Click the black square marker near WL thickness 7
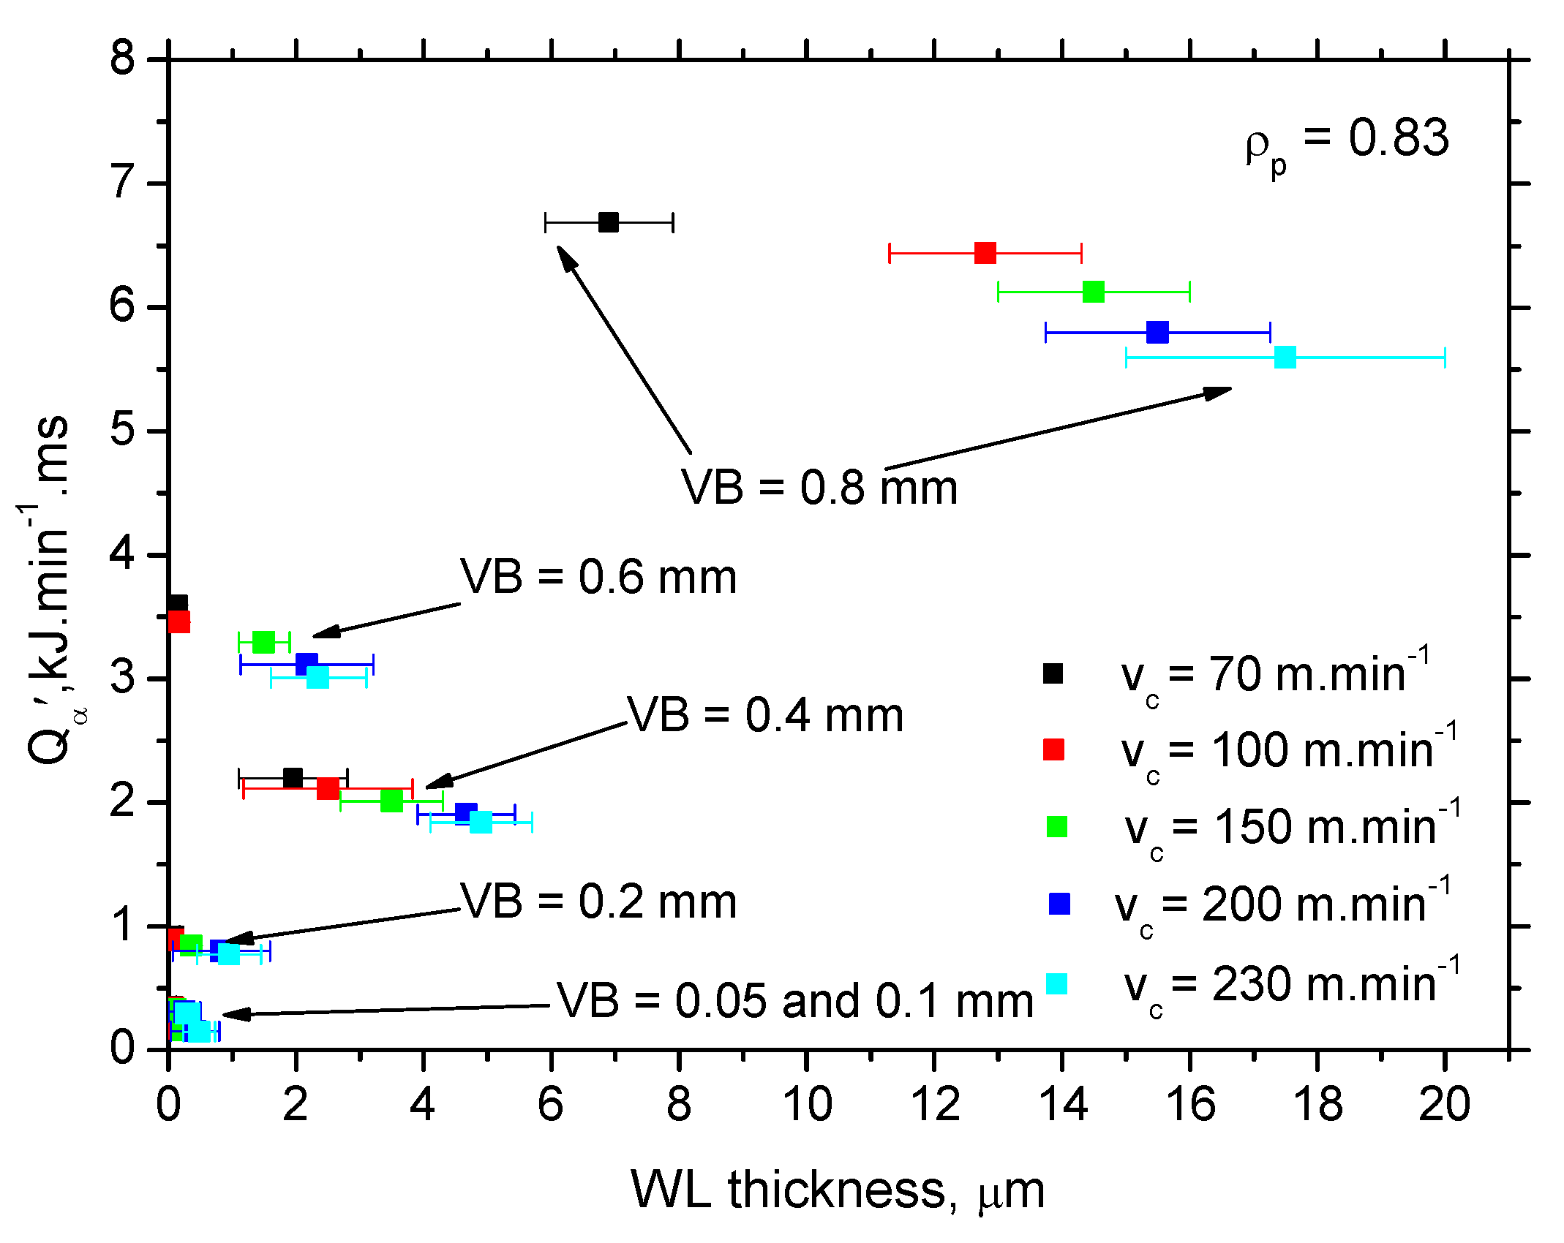click(608, 222)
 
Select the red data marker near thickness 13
click(985, 254)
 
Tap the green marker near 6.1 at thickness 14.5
click(1093, 292)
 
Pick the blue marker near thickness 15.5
click(1157, 333)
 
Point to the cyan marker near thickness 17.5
click(1285, 358)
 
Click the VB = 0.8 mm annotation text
click(819, 488)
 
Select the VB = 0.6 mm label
click(598, 578)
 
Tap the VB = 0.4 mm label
click(765, 715)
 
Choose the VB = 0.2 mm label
click(598, 902)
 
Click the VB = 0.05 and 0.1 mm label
click(794, 1001)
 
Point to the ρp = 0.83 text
click(1346, 140)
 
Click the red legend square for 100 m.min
click(1053, 749)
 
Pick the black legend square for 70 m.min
click(1053, 673)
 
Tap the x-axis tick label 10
click(807, 1104)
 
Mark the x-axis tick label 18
click(1317, 1104)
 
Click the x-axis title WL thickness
click(838, 1190)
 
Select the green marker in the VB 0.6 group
click(263, 643)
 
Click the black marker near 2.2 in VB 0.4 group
click(293, 778)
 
